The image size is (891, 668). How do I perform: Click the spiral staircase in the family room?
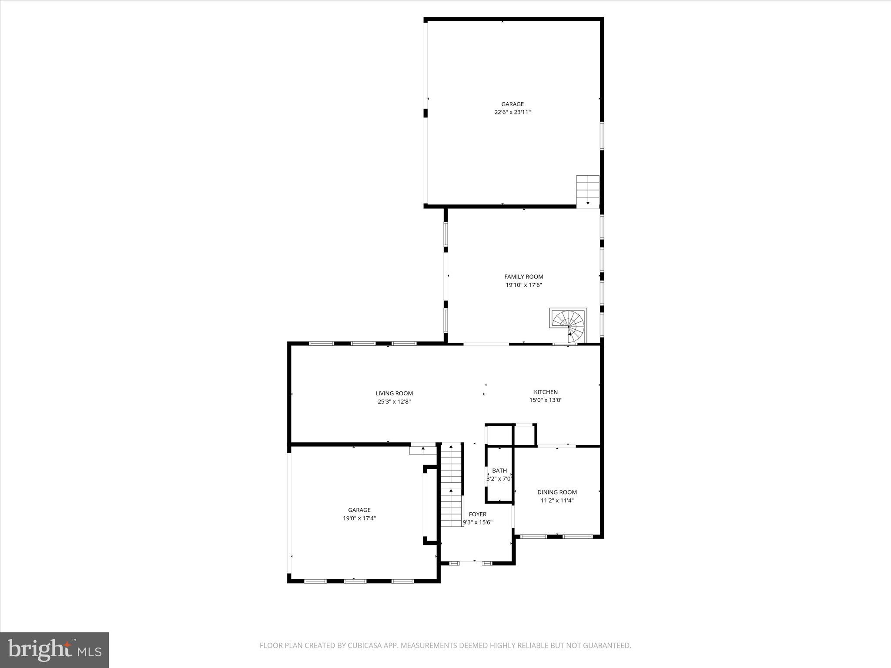point(568,326)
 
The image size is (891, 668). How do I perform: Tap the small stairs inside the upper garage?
point(588,190)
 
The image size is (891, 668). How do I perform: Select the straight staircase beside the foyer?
point(451,485)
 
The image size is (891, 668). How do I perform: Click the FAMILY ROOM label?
point(523,277)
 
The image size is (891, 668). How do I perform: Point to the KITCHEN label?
point(546,392)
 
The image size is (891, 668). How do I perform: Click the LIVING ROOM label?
point(394,394)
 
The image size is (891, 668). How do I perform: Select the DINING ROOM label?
point(557,492)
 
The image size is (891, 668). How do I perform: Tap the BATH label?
point(499,471)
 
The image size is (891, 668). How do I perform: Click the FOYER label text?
point(477,514)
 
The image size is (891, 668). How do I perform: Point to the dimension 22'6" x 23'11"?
point(512,112)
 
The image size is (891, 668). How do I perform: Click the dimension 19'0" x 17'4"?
point(359,518)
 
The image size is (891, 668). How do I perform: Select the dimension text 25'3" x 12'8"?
point(394,402)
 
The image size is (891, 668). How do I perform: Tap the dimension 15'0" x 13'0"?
point(546,400)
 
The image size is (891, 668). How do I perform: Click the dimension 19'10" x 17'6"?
point(523,285)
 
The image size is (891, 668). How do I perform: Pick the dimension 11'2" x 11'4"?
point(557,501)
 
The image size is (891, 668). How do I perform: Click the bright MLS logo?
point(54,650)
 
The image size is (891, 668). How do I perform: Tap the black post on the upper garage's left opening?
point(425,113)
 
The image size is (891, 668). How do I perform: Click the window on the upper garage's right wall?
point(602,136)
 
